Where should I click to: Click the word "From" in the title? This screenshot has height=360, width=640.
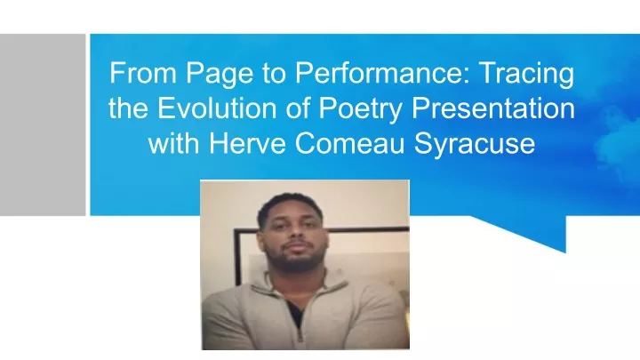click(142, 73)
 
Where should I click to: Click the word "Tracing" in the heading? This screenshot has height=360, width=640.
click(527, 75)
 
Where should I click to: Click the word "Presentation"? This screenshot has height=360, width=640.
click(493, 108)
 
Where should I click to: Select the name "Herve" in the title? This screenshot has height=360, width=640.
click(247, 143)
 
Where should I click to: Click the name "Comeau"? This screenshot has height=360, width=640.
click(349, 143)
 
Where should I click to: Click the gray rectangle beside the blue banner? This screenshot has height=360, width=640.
click(43, 125)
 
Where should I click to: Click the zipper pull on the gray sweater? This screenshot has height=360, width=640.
click(300, 336)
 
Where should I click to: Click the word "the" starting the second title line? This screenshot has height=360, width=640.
click(128, 108)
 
